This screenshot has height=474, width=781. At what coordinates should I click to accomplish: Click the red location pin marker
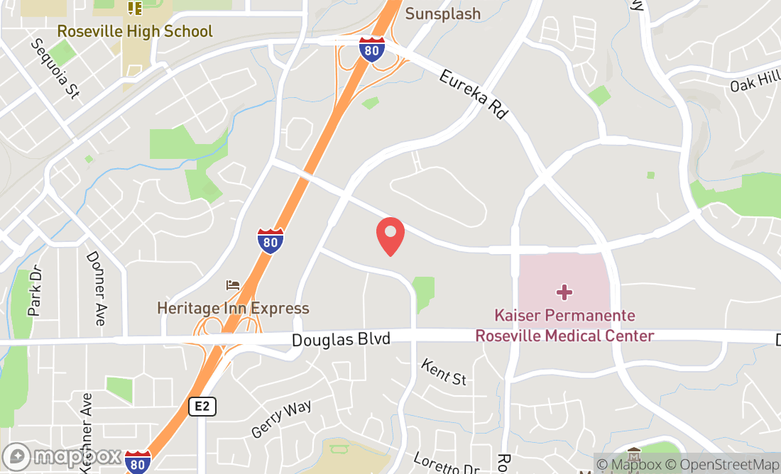(x=390, y=236)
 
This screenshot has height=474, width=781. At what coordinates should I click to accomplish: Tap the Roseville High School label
(x=134, y=31)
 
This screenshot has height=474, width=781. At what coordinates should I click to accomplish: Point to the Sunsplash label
(x=443, y=13)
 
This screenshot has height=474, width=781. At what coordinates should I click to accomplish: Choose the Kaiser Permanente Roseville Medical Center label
(x=564, y=325)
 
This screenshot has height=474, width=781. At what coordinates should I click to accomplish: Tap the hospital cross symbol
(x=564, y=292)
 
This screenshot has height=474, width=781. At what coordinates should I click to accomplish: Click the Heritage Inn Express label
(x=233, y=308)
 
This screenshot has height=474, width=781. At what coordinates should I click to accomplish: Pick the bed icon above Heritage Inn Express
(x=232, y=285)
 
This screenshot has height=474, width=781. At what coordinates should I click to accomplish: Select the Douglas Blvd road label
(x=341, y=340)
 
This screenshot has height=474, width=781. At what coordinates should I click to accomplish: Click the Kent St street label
(x=444, y=372)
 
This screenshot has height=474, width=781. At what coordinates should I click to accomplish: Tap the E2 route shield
(x=202, y=407)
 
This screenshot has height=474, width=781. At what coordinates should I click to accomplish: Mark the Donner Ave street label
(x=95, y=288)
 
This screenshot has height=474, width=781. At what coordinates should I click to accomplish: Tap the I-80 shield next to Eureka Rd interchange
(x=372, y=50)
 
